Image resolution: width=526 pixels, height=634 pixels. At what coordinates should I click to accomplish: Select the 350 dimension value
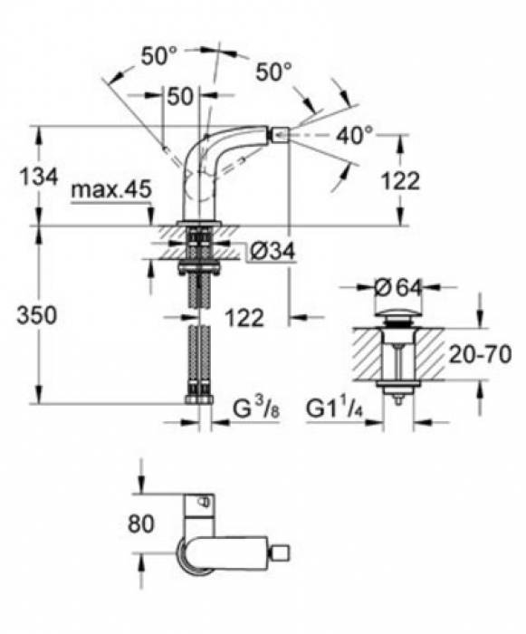click(x=36, y=315)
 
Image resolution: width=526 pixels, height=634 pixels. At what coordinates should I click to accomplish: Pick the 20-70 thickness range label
click(x=483, y=352)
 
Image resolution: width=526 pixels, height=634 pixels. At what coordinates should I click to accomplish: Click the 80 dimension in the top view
click(x=141, y=524)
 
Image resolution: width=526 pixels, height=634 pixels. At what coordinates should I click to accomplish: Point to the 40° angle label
click(x=354, y=135)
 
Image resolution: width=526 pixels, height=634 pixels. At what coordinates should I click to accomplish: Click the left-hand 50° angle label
click(x=159, y=55)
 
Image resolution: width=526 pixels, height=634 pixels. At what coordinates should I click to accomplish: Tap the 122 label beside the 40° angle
click(x=399, y=179)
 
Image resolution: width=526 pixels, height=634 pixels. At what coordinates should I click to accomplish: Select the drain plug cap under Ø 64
click(x=397, y=317)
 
